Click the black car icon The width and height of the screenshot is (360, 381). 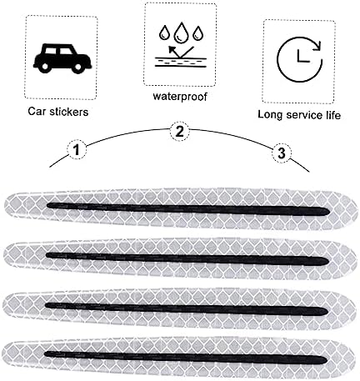click(x=62, y=58)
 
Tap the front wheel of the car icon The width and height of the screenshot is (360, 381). click(x=77, y=67)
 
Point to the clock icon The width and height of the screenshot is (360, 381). click(x=299, y=59)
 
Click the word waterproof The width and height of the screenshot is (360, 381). click(x=180, y=97)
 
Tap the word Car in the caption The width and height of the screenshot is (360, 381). click(x=37, y=112)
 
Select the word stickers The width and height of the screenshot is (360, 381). click(x=69, y=112)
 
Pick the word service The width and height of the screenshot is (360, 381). click(x=305, y=115)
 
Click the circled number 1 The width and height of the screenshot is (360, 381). click(x=77, y=150)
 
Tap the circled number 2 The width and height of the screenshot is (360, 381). click(x=180, y=131)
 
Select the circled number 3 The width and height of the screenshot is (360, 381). click(x=282, y=153)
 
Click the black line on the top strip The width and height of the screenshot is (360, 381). click(x=188, y=209)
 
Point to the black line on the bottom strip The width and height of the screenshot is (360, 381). click(x=186, y=358)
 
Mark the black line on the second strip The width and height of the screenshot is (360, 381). click(x=187, y=258)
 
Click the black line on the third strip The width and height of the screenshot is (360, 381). click(x=186, y=308)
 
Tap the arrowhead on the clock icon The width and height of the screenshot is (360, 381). click(x=317, y=46)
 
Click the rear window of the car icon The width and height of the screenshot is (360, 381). click(x=51, y=51)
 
